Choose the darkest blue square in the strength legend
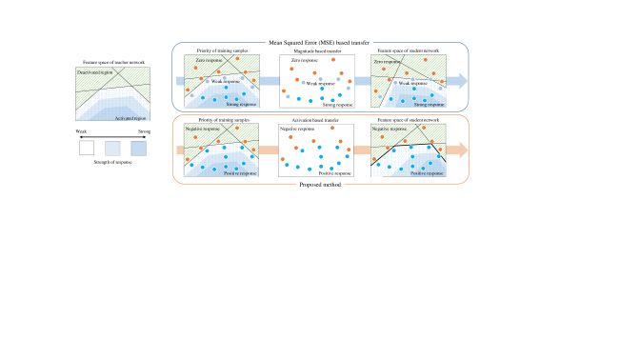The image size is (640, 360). click(140, 148)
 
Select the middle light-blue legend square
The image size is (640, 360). click(112, 148)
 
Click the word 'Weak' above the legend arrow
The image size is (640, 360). click(79, 131)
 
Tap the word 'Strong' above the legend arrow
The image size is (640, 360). click(145, 131)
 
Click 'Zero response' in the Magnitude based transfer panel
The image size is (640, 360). click(297, 60)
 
